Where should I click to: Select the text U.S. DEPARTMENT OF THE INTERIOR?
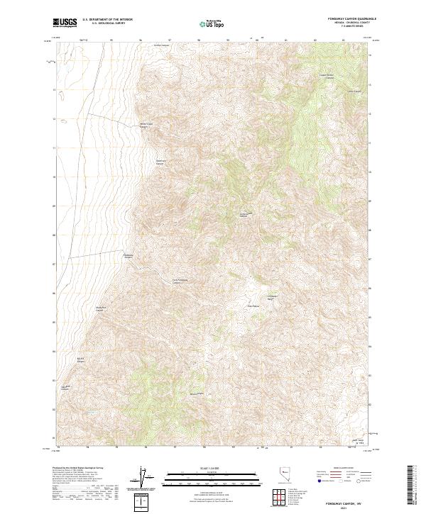107,20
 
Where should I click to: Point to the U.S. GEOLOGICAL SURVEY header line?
107,24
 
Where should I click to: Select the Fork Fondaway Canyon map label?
182,280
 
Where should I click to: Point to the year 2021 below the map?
346,505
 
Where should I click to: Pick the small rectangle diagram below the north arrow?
146,503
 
